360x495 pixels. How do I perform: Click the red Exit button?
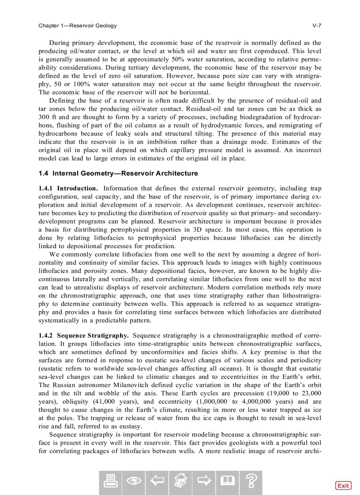click(x=343, y=485)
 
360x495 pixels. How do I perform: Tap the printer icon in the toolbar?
click(x=112, y=482)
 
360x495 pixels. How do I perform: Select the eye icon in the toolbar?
click(x=135, y=482)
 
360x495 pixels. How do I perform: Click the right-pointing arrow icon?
click(x=204, y=482)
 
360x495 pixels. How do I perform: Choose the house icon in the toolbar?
click(x=180, y=482)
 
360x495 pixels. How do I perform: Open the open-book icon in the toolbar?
click(x=227, y=482)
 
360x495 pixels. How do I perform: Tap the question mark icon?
click(x=251, y=482)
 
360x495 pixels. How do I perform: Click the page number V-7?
click(x=316, y=26)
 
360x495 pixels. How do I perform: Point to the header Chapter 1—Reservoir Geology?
click(x=78, y=26)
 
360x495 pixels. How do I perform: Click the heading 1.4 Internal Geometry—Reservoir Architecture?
click(x=118, y=173)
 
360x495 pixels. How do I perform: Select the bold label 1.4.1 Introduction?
click(x=68, y=189)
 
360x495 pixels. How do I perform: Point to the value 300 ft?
click(x=48, y=117)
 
